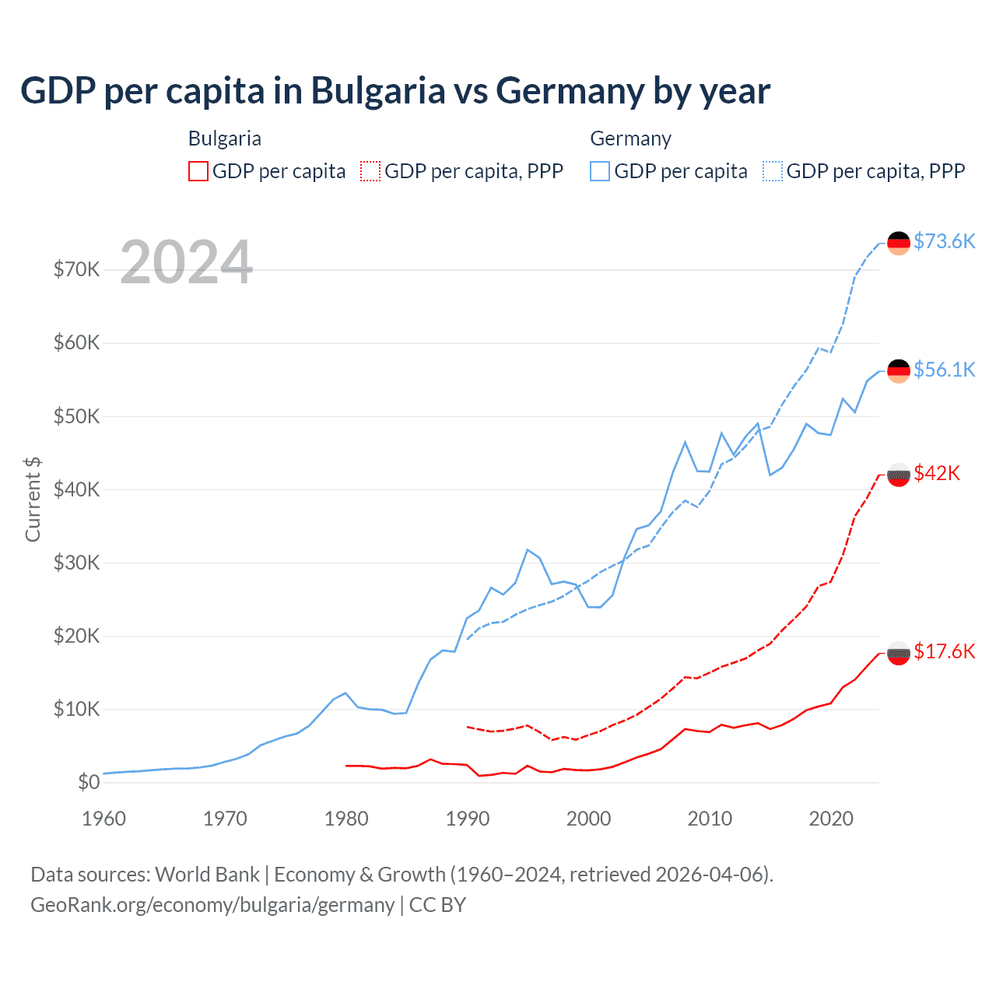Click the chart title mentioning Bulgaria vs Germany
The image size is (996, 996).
pos(395,91)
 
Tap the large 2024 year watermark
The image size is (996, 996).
pos(187,262)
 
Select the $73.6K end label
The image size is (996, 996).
pos(944,241)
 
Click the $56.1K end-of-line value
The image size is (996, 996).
pos(944,370)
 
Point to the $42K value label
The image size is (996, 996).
pos(937,473)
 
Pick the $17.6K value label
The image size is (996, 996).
pos(944,651)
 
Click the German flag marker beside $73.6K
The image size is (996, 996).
pos(899,243)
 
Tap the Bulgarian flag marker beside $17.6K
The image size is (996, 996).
pos(899,653)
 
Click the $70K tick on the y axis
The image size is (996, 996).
pos(77,269)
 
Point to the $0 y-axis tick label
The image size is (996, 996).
pos(89,782)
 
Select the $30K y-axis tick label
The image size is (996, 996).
pos(77,563)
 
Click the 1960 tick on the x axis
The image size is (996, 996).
pos(103,819)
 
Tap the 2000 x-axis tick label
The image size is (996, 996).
pos(589,819)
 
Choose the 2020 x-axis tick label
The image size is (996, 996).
pos(831,819)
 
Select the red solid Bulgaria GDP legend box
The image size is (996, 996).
pos(198,171)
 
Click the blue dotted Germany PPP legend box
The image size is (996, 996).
pos(773,171)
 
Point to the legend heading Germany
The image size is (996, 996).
pos(630,139)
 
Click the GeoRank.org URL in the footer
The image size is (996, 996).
pos(212,905)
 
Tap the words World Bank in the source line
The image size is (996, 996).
pos(207,875)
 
